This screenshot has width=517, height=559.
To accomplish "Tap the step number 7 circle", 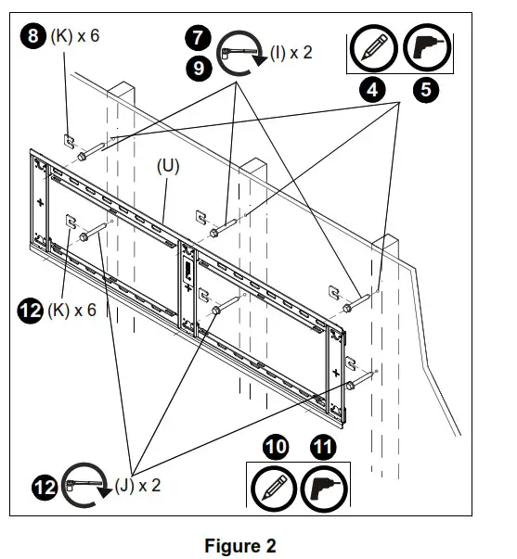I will [197, 39].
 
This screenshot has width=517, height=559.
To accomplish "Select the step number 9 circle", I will [197, 67].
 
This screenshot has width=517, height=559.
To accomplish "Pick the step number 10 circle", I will [277, 448].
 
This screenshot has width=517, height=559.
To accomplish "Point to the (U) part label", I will [168, 167].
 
